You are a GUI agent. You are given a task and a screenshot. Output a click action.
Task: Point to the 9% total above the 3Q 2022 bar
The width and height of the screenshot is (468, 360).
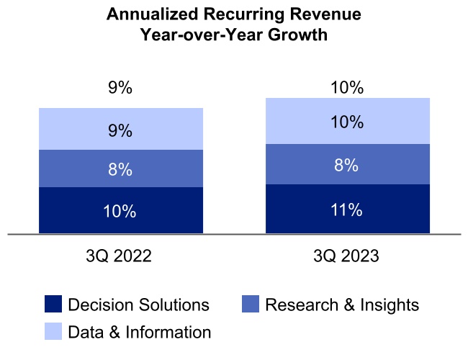(x=120, y=89)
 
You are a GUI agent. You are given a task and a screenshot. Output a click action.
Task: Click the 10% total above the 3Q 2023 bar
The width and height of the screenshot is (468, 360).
(x=347, y=88)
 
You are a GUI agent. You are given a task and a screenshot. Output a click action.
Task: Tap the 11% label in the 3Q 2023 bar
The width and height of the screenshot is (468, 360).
(x=347, y=210)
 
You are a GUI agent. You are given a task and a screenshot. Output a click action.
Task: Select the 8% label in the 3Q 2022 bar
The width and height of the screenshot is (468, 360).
(x=120, y=171)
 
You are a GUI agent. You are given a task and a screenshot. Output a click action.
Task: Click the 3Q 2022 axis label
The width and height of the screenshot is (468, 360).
(x=120, y=257)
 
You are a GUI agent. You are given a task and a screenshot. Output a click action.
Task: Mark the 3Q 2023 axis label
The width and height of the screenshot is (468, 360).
(x=347, y=257)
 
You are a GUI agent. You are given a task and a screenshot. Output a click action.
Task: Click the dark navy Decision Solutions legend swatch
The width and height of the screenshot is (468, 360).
(x=53, y=305)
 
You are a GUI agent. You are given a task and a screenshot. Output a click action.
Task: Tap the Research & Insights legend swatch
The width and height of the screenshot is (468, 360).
(x=251, y=305)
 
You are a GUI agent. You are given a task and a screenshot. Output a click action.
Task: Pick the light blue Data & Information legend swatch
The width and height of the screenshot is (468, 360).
(x=53, y=331)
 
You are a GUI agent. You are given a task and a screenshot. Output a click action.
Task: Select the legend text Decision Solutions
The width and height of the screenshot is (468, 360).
(x=138, y=305)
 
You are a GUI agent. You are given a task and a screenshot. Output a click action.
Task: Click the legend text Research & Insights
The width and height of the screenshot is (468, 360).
(x=342, y=305)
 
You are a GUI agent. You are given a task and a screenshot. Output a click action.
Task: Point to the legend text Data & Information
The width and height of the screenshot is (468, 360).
(x=140, y=332)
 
